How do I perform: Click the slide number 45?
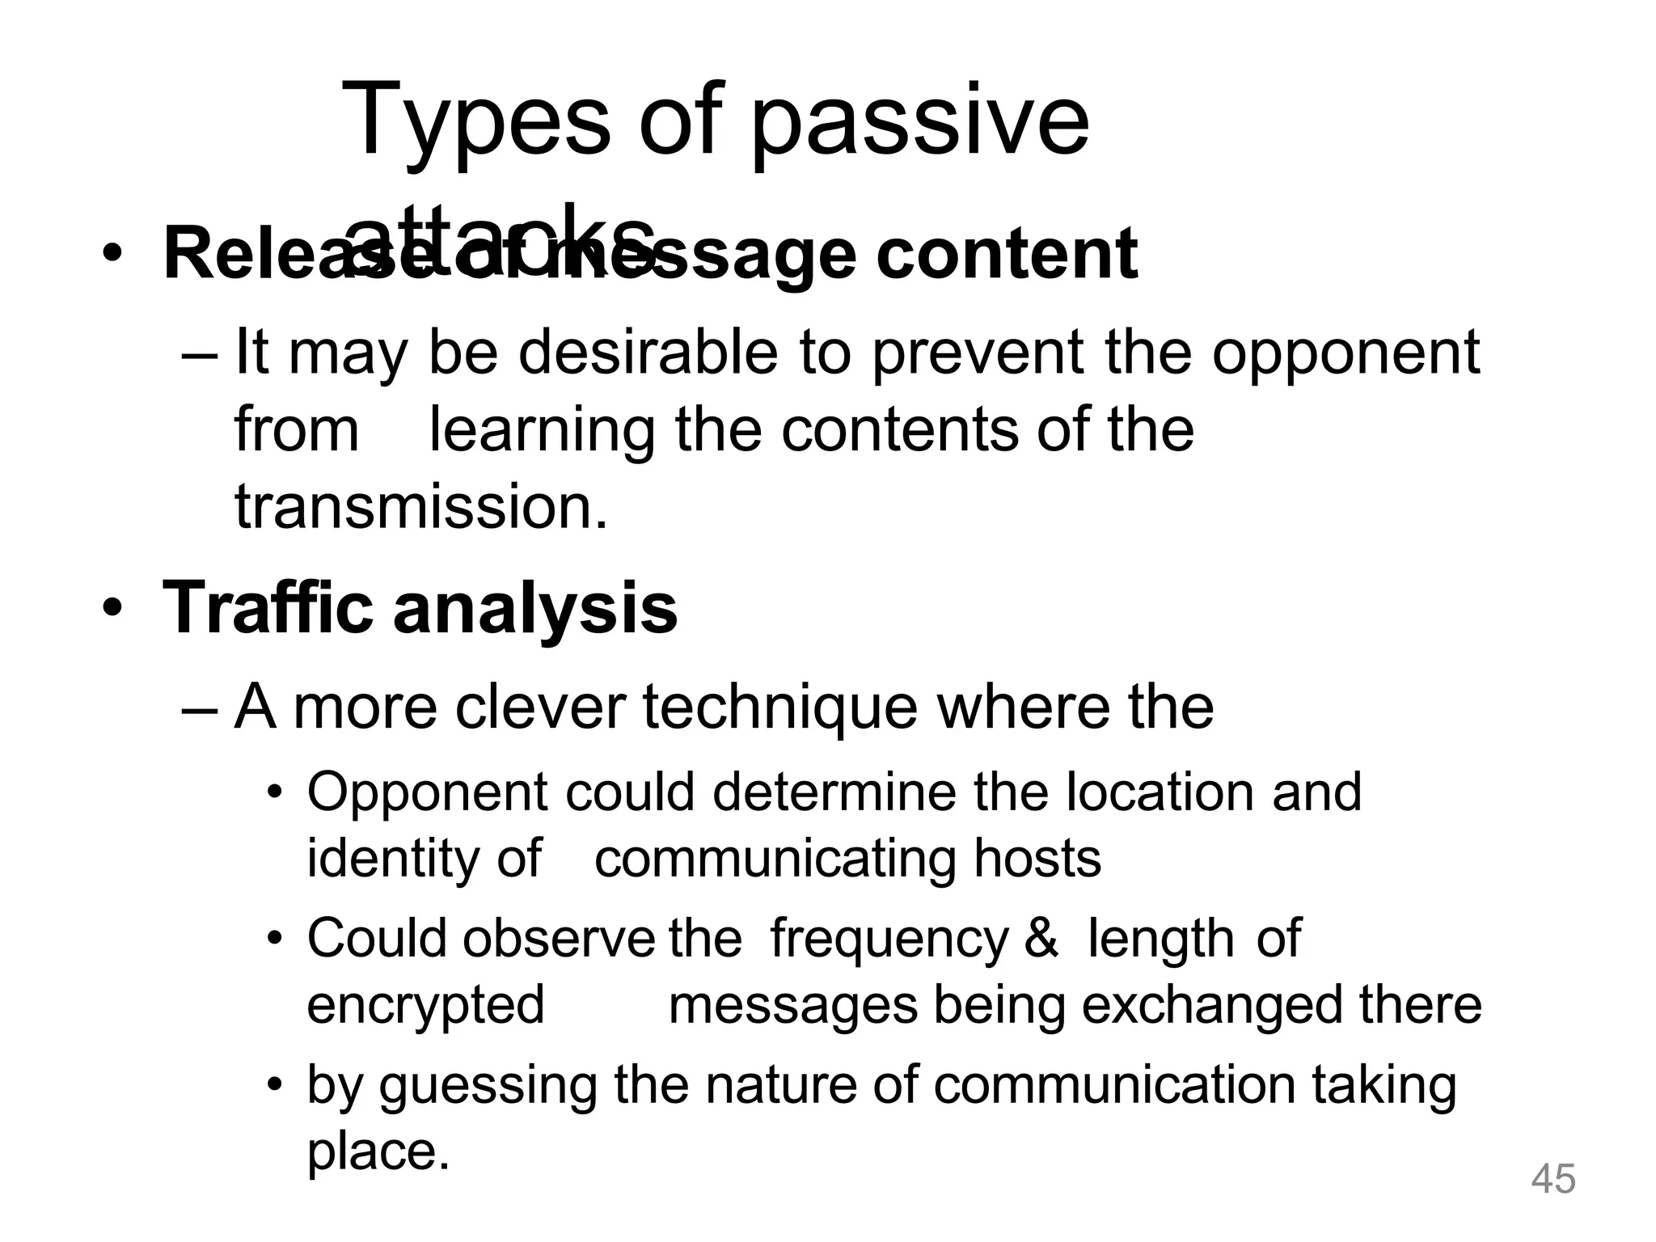[x=1553, y=1178]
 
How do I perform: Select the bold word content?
[x=1007, y=254]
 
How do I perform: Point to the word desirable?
[x=647, y=353]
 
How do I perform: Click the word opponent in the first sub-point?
[x=1345, y=353]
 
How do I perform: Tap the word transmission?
[x=420, y=507]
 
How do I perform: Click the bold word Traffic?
[x=268, y=607]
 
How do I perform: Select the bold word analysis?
[x=535, y=607]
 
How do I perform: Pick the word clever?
[x=540, y=707]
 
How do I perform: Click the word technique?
[x=779, y=707]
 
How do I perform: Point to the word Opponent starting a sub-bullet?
[x=427, y=792]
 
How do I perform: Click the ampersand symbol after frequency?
[x=1041, y=938]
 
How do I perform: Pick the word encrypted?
[x=425, y=1006]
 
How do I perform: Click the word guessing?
[x=488, y=1085]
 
